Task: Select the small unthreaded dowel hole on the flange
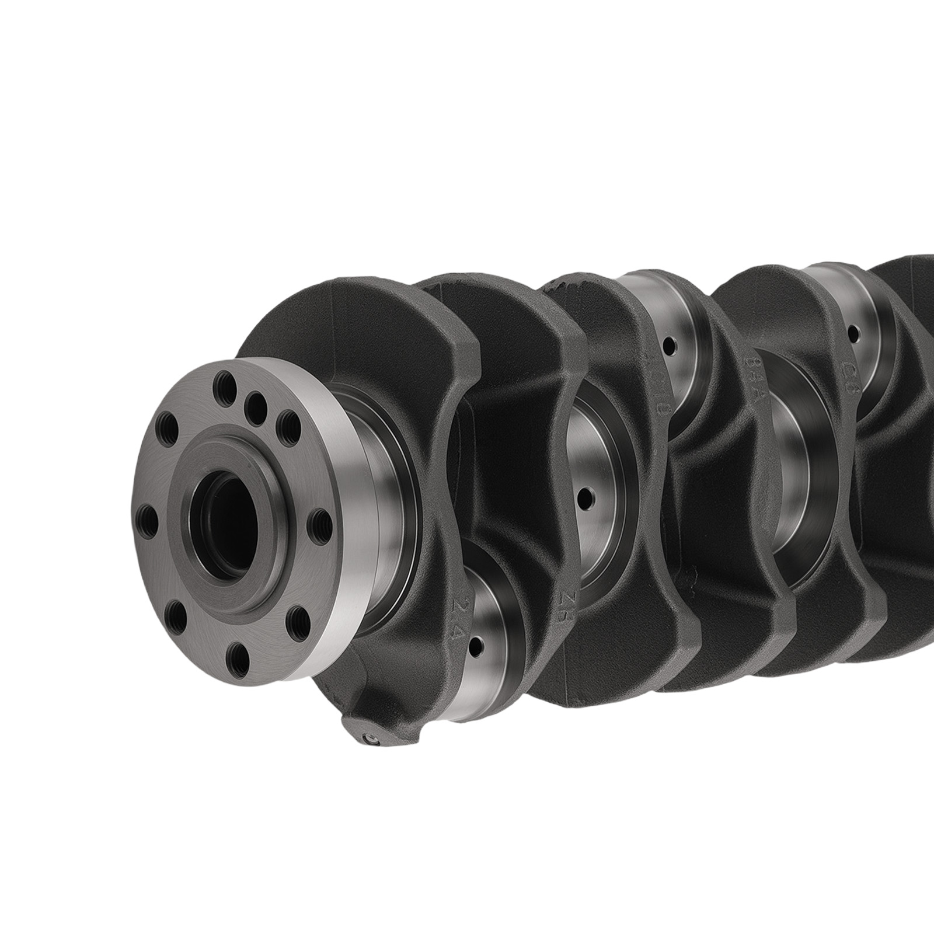[x=253, y=401]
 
